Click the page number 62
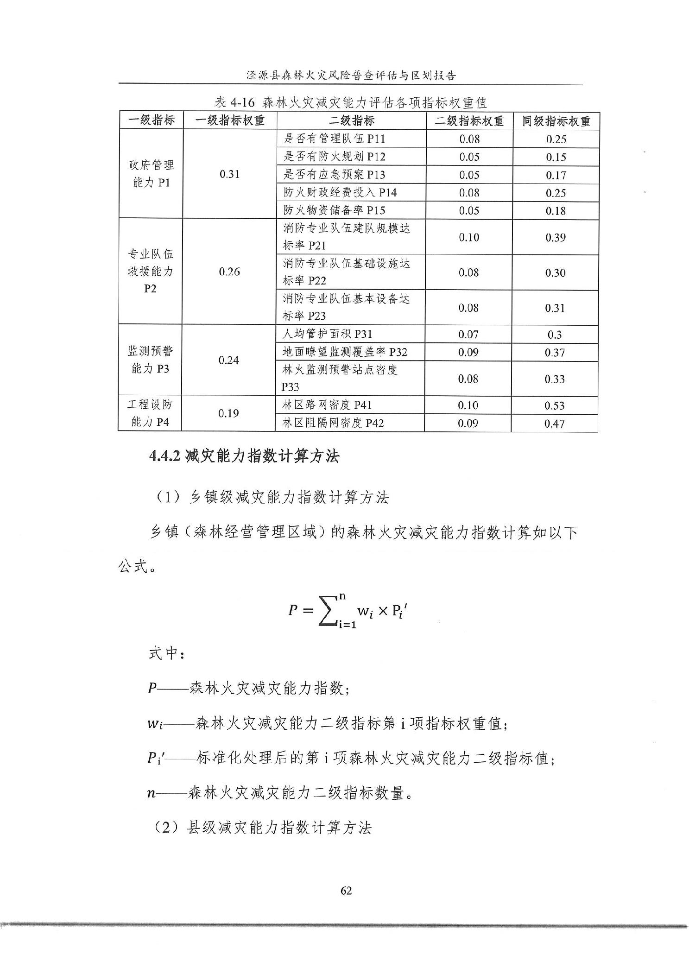coord(346,890)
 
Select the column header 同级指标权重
coord(556,121)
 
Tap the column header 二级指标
coord(351,121)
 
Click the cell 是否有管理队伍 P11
coord(334,139)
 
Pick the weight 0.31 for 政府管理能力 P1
coord(230,174)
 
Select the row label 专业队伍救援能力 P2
coord(150,271)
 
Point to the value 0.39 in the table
coord(555,237)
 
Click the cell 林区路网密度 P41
coord(327,405)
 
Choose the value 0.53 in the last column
coord(555,405)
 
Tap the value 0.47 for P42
coord(554,423)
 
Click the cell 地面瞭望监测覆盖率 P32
coord(345,352)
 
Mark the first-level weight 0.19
coord(228,413)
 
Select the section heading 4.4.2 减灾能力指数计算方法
coord(244,456)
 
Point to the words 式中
coord(166,653)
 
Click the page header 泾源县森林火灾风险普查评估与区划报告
coord(351,76)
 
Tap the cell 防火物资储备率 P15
coord(334,210)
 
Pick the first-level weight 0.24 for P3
coord(228,360)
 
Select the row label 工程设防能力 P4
coord(150,413)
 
